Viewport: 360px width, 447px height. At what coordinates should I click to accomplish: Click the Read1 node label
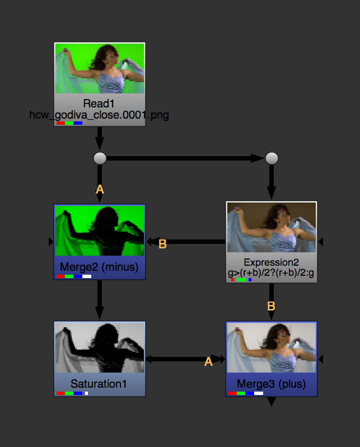pos(99,103)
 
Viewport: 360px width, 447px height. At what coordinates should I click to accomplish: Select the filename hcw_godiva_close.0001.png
pos(99,115)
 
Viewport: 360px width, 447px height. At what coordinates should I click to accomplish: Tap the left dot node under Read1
pos(100,158)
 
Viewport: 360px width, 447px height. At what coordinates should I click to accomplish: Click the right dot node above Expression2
pos(272,158)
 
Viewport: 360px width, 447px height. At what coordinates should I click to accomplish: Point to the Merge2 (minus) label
pos(99,267)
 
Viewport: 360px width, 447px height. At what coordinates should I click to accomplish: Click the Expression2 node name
pos(271,262)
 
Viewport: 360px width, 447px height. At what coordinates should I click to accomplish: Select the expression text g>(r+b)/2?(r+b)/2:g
pos(271,272)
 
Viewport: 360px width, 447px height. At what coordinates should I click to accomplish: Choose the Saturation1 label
pos(99,384)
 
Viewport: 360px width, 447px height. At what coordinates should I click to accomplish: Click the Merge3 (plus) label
pos(272,384)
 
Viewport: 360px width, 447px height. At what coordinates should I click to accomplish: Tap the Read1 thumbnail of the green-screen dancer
pos(100,69)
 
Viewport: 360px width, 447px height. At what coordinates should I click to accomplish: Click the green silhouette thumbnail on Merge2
pos(100,230)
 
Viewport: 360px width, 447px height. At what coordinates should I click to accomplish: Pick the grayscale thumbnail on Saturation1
pos(100,347)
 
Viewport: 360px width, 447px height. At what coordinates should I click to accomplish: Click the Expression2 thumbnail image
pos(272,227)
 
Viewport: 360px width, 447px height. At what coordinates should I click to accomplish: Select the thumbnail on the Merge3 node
pos(272,347)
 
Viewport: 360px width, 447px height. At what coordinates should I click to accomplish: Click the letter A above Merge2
pos(100,190)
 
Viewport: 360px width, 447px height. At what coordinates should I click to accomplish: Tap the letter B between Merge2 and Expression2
pos(163,244)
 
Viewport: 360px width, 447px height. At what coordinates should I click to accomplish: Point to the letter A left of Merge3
pos(208,362)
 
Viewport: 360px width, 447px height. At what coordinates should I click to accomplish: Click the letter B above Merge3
pos(271,306)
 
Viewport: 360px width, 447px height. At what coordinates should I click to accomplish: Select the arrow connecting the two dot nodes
pos(185,158)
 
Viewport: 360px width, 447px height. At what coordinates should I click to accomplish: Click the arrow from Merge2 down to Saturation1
pos(100,300)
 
